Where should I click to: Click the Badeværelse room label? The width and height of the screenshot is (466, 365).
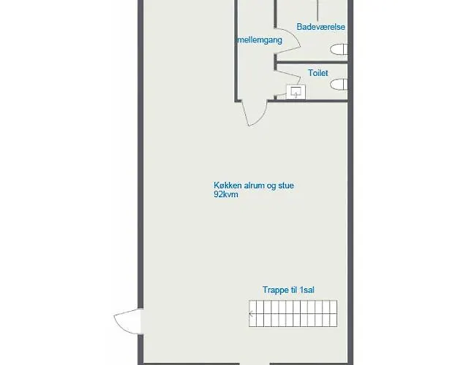(320, 27)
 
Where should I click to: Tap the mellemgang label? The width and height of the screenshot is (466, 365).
(260, 40)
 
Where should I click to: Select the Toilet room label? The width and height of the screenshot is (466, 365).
(318, 73)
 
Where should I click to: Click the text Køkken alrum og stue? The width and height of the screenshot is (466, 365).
(254, 185)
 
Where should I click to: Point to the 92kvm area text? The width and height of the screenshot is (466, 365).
(226, 194)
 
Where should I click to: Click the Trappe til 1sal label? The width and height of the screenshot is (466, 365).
(288, 290)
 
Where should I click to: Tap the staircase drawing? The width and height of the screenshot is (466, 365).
(293, 313)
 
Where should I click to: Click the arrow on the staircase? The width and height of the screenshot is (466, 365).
(252, 314)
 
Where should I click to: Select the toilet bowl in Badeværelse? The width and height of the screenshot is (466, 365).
(339, 49)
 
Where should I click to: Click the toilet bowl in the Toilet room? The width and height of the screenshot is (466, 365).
(339, 84)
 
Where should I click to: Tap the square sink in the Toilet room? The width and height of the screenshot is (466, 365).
(296, 92)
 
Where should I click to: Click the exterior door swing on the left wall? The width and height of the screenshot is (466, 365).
(127, 321)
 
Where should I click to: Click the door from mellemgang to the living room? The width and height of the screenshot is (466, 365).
(255, 114)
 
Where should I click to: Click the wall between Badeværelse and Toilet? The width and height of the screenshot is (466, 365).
(312, 62)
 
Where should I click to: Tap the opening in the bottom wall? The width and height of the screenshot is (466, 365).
(255, 364)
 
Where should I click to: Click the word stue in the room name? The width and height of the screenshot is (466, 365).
(286, 185)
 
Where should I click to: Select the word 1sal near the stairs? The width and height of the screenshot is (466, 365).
(307, 290)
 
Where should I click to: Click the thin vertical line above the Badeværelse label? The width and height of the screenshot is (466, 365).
(317, 10)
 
